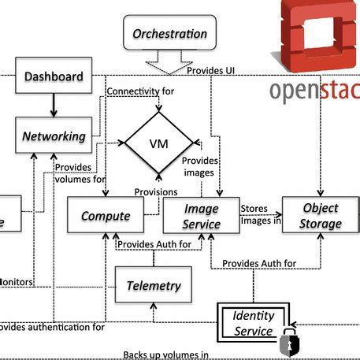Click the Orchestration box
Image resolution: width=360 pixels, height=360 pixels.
point(169,34)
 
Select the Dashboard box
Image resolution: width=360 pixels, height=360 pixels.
point(54,76)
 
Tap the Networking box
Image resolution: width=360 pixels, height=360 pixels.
point(54,136)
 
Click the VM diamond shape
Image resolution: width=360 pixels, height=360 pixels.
point(158,143)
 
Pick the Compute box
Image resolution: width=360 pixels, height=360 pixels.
point(105,216)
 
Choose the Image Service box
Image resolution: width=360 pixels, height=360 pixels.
point(201,216)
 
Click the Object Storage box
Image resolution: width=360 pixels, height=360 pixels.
point(320,216)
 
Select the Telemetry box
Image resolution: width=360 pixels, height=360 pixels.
point(154,286)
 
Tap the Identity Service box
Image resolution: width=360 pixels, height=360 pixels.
point(253,324)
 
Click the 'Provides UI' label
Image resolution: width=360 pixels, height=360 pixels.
point(211,71)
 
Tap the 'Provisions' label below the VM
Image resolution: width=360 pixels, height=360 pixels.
point(155,191)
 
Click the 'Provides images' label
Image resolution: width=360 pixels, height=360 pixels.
point(200,167)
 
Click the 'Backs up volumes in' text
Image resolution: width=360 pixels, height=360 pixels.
point(165,354)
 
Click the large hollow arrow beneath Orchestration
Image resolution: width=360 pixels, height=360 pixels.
point(169,60)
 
